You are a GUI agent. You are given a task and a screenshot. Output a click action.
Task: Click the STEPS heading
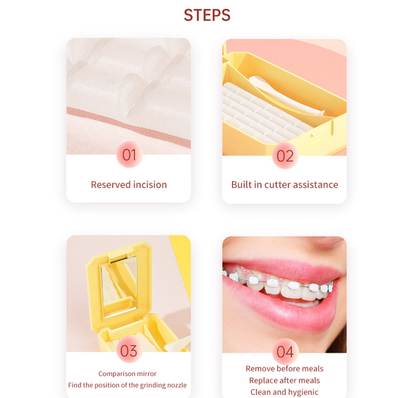click(207, 15)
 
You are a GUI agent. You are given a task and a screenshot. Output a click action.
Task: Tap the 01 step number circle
click(129, 154)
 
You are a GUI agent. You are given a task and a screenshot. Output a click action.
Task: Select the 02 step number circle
click(285, 156)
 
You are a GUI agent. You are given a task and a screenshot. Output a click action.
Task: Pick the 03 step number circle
click(129, 351)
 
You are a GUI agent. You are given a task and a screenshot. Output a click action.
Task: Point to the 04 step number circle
click(285, 352)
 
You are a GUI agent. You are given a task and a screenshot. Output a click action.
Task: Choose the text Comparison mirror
click(127, 374)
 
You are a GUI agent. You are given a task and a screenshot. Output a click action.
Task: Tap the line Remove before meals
click(285, 369)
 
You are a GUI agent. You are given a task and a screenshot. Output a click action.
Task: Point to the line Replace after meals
click(285, 380)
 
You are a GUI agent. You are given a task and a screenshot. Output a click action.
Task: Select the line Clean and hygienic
click(285, 392)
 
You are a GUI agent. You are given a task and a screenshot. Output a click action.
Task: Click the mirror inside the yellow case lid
click(119, 287)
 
